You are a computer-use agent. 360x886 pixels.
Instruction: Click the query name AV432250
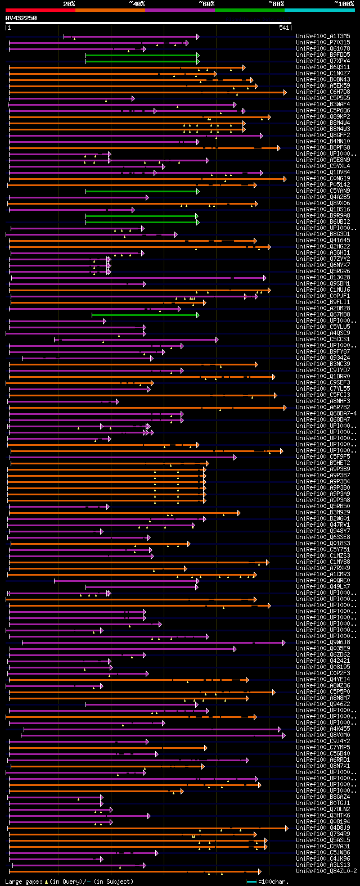click(x=21, y=18)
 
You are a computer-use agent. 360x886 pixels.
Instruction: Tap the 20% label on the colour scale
click(x=69, y=4)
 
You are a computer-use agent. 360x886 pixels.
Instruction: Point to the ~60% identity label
click(x=206, y=4)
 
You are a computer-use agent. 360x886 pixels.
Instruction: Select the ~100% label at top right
click(x=344, y=4)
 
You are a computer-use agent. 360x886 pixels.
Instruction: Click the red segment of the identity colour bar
click(x=40, y=10)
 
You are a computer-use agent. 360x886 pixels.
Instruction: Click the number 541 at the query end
click(x=284, y=28)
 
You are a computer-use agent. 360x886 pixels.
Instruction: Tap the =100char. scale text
click(x=273, y=882)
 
